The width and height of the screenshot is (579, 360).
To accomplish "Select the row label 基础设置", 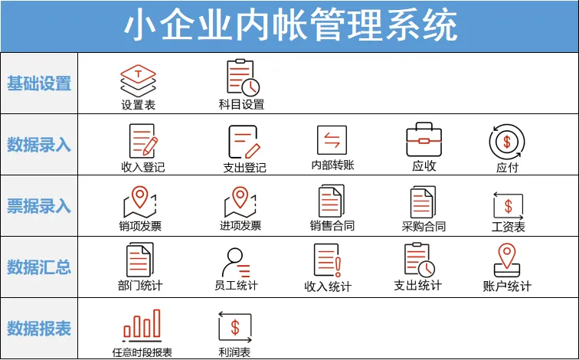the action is (39, 83).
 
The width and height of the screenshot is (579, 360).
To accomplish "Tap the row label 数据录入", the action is (39, 144).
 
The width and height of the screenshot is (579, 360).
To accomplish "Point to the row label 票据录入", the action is (39, 205).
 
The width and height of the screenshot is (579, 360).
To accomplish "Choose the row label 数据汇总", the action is (39, 267).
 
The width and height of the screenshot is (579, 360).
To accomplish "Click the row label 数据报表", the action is (39, 328).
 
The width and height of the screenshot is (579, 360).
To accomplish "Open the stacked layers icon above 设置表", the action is (138, 79).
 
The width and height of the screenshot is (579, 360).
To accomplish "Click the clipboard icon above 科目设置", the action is (242, 77).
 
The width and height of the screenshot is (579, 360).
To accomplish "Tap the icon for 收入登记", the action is (142, 140).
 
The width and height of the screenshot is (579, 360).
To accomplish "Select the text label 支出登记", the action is (244, 167).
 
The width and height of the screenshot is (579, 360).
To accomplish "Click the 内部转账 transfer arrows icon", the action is (332, 140).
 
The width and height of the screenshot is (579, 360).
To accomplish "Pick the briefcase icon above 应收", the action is (424, 140).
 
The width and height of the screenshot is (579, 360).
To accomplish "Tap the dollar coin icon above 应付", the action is (507, 141).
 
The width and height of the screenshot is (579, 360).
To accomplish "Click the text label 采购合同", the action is (424, 226).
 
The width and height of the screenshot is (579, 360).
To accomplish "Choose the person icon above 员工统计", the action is (236, 263).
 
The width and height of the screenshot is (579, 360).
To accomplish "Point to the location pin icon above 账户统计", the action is (507, 261).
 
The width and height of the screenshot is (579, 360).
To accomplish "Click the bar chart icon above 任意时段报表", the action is (142, 325).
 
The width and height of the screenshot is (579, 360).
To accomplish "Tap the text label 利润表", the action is (234, 352).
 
